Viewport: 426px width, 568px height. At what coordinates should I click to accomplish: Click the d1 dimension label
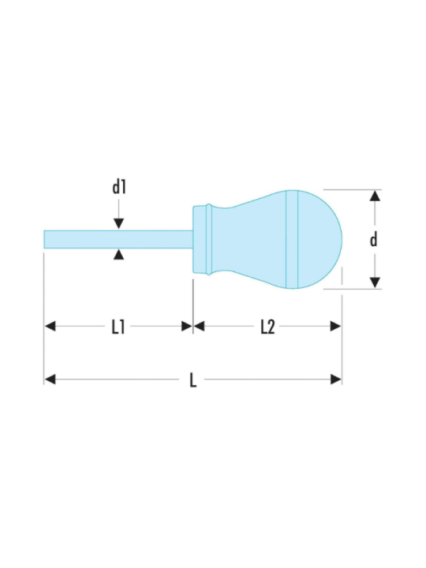[118, 187]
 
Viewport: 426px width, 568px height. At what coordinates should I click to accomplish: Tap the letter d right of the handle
[373, 239]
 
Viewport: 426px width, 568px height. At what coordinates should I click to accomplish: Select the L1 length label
[118, 327]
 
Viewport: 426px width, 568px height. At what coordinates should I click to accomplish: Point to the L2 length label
[267, 327]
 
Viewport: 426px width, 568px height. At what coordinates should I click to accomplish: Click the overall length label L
[192, 380]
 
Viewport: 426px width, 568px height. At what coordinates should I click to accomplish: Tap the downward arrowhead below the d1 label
[118, 224]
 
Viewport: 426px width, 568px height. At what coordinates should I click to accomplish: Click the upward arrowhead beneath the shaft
[118, 254]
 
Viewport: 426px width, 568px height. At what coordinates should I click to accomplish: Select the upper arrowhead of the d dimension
[376, 196]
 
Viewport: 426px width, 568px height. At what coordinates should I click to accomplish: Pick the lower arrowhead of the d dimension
[376, 282]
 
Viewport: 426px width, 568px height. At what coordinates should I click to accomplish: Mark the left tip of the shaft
[46, 239]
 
